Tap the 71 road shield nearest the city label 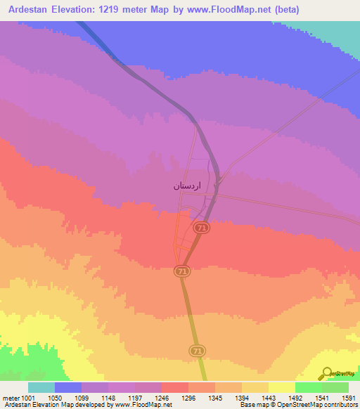click(x=201, y=228)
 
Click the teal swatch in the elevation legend click(x=41, y=387)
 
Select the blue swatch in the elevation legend click(x=68, y=387)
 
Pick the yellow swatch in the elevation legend click(x=282, y=387)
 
